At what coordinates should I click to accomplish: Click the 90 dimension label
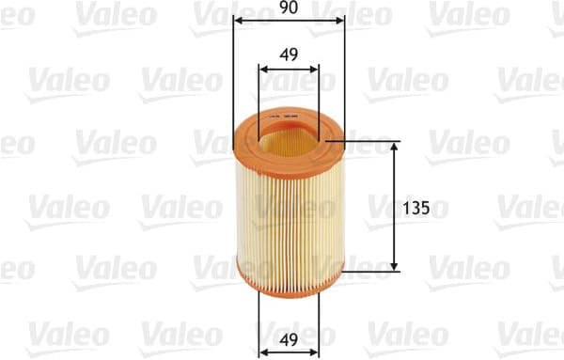288,8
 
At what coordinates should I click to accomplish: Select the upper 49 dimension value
289,55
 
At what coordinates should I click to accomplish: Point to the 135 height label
417,209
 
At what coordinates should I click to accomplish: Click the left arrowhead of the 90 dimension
237,20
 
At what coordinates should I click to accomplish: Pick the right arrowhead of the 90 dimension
339,20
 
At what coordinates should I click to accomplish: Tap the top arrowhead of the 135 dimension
393,149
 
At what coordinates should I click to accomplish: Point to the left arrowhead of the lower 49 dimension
262,351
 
